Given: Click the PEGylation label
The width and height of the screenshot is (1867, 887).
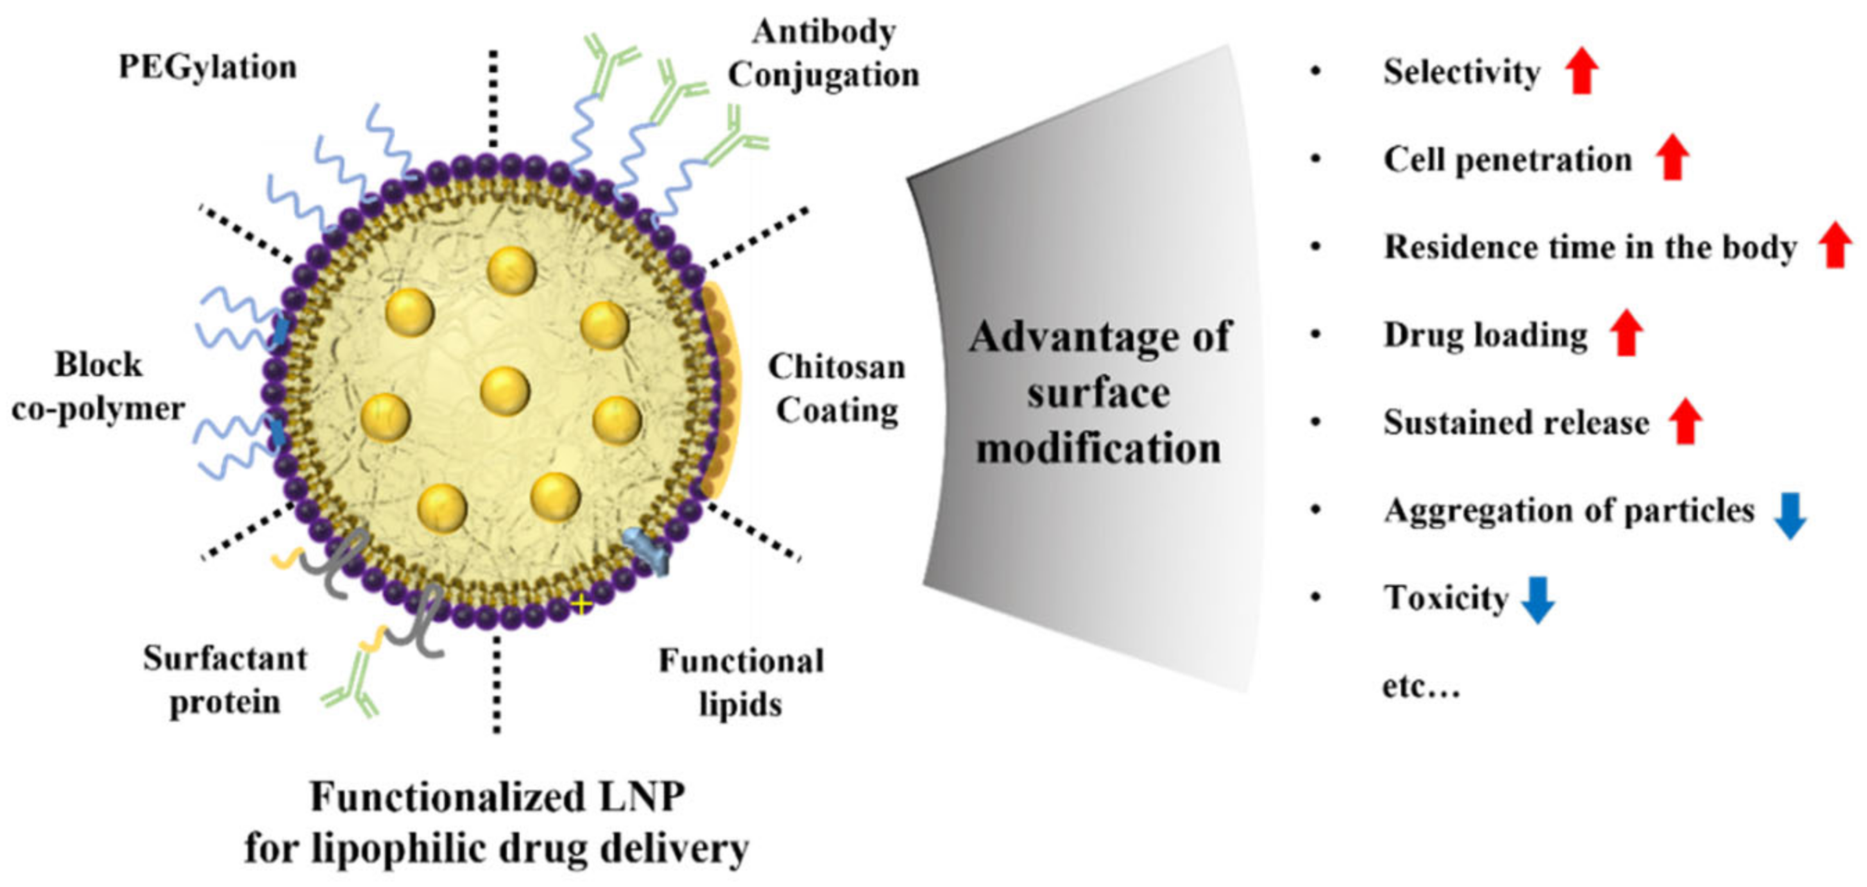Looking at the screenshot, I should [207, 67].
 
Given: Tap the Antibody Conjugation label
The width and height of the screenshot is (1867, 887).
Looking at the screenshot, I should [824, 53].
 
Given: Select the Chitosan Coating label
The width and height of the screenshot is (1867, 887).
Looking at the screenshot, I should [837, 389].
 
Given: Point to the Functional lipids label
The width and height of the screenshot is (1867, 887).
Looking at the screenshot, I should [741, 682].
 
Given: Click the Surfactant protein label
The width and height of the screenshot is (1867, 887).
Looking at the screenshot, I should [225, 680].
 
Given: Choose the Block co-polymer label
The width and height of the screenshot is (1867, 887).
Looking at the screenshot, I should [99, 387].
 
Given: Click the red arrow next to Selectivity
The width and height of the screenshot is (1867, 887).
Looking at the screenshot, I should [1580, 70].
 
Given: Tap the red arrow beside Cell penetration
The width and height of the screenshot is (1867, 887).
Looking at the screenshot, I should [1672, 158].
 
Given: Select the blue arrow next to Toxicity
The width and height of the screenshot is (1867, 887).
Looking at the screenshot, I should [1537, 599].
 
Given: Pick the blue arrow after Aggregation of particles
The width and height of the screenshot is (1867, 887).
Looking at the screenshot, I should [1789, 515].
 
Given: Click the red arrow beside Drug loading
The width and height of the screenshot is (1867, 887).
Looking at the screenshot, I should [1626, 333].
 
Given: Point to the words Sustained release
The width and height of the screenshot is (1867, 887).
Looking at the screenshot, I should [1515, 423].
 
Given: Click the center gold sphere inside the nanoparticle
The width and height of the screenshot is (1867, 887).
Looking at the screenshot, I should [504, 390].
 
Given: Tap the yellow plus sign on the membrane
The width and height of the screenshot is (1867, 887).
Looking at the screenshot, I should [581, 603].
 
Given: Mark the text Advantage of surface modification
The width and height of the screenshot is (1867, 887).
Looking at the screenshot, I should [1099, 392].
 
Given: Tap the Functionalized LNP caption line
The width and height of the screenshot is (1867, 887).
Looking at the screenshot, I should [497, 797].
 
